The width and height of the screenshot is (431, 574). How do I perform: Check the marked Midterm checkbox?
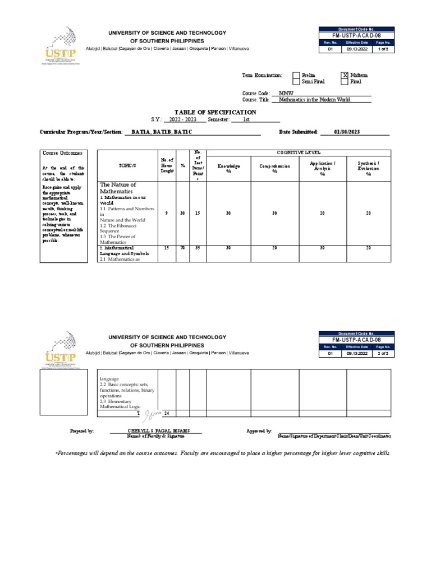pos(345,75)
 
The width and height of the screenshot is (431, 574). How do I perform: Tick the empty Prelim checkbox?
pos(296,75)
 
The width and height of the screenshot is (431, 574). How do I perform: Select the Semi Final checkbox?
pos(296,82)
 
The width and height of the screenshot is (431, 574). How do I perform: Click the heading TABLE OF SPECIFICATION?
pos(216,112)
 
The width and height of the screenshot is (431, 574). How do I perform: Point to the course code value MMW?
pos(278,93)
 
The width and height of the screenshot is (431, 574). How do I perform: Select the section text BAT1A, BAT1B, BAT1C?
pos(158,132)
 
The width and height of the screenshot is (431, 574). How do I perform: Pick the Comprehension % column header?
pos(274,169)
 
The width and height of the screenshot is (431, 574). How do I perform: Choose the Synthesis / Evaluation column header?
pos(369,168)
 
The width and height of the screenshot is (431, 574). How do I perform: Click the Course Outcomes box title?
pos(62,153)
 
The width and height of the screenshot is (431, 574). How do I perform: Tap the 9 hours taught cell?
pos(166,213)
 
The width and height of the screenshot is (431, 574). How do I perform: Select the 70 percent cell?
pos(182,247)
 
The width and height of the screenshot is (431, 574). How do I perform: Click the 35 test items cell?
pos(198,247)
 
